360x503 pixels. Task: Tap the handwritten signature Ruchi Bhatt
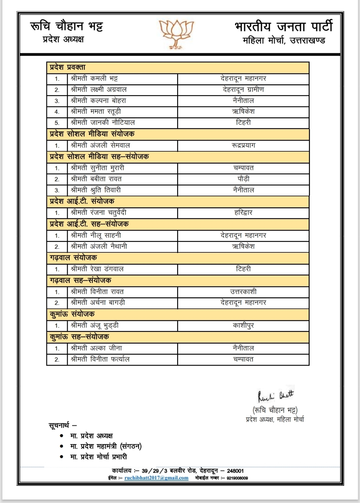tap(276, 396)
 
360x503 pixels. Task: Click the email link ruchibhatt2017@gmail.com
tap(156, 478)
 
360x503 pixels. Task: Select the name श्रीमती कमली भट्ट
tap(94, 79)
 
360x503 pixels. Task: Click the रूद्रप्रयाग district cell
tap(243, 145)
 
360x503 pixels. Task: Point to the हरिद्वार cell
tap(243, 213)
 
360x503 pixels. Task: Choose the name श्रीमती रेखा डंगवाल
tap(97, 269)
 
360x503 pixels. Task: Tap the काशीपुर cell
tap(243, 325)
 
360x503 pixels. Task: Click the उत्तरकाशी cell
tap(243, 292)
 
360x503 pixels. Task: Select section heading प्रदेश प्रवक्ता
tap(68, 67)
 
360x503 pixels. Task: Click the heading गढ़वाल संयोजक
tap(73, 258)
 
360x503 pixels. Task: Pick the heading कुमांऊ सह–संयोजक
tap(79, 337)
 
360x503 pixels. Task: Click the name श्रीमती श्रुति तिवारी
tap(96, 190)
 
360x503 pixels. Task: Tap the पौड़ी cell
tap(243, 179)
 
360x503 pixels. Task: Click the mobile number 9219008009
tap(237, 478)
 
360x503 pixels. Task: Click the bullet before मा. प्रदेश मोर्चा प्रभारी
tap(61, 457)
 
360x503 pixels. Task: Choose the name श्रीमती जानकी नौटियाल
tap(103, 123)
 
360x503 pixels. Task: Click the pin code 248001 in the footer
tap(235, 471)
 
